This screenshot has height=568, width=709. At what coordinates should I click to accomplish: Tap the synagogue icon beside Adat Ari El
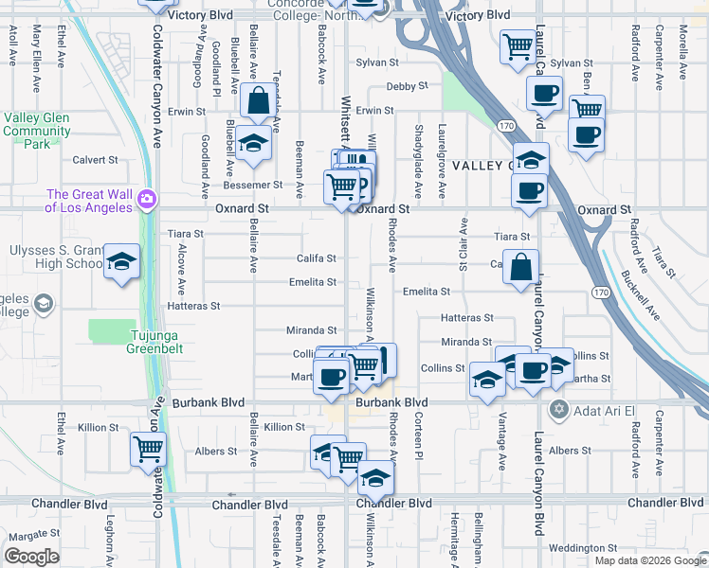coord(558,409)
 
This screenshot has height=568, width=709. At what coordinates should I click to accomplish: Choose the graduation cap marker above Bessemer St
coord(253,142)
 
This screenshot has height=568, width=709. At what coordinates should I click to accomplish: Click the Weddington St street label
coord(582,548)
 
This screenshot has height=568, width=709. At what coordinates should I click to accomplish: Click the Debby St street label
coord(388,86)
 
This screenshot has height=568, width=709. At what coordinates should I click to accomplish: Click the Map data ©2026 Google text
coord(650,560)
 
